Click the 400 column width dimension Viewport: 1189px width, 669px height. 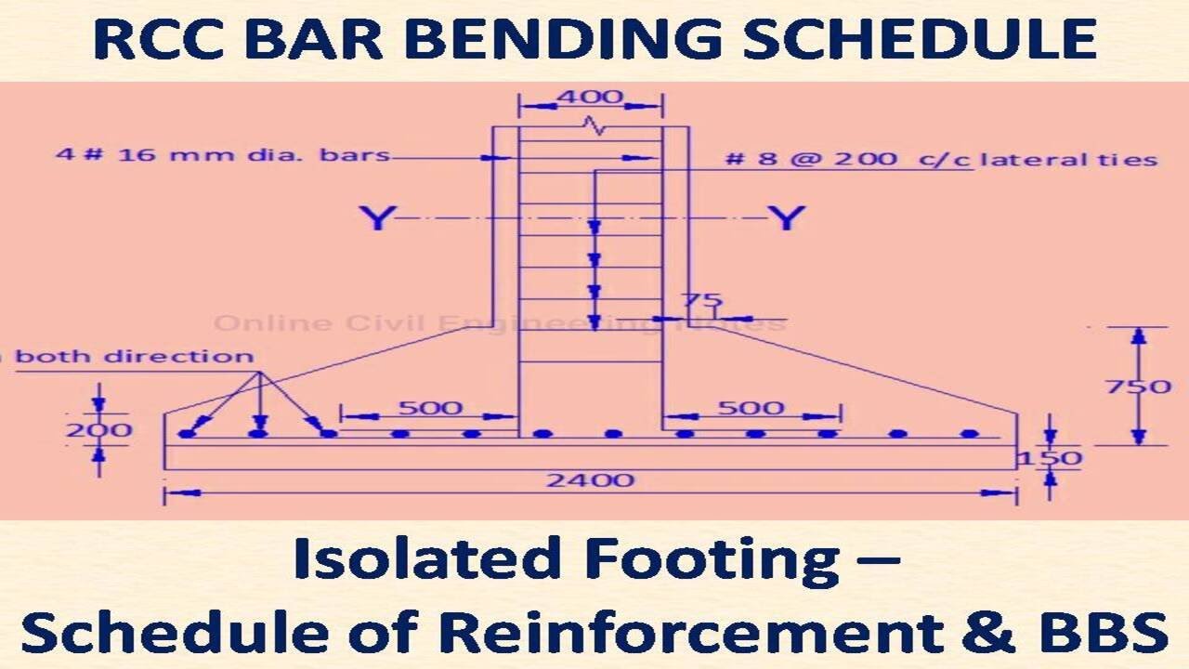coord(589,98)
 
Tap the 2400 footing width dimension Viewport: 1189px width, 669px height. coord(591,479)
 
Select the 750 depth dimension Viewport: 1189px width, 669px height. coord(1139,386)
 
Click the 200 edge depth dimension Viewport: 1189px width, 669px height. coord(98,430)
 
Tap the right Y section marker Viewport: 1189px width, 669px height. coord(786,219)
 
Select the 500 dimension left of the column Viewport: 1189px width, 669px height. coord(429,408)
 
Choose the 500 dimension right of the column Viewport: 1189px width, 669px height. coord(751,408)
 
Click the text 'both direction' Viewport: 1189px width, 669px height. coord(135,357)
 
